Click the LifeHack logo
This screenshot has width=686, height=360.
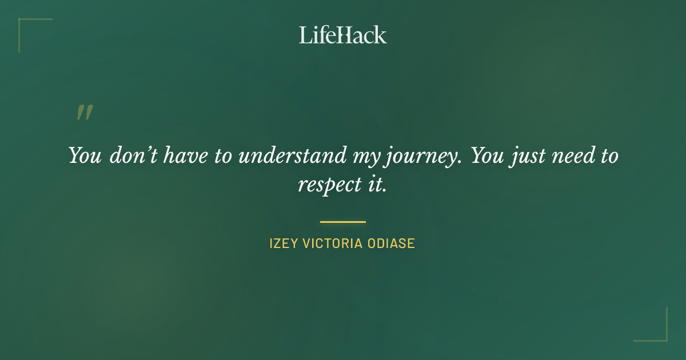pos(342,35)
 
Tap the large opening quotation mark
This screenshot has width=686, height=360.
pos(84,113)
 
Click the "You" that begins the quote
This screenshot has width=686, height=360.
pos(85,155)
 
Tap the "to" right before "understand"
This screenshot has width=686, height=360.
pos(224,156)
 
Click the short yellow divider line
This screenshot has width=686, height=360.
pos(342,222)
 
